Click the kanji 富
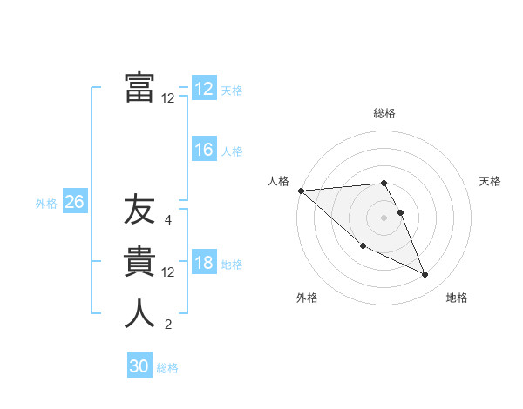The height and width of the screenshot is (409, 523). tap(139, 88)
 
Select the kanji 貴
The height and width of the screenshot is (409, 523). tap(139, 263)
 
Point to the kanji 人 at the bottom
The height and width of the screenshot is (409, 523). tap(139, 314)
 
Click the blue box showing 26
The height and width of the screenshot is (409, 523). tap(74, 202)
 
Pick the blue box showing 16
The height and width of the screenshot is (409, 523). tap(204, 150)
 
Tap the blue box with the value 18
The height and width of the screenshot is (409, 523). tap(204, 264)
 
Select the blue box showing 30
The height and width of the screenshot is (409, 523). tap(139, 366)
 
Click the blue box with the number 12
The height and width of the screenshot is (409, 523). tap(204, 89)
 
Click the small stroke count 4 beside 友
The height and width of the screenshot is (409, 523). tap(168, 220)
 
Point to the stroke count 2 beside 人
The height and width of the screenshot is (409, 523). tap(168, 325)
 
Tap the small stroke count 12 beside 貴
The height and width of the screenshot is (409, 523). tap(168, 272)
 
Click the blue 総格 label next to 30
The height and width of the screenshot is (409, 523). tap(167, 368)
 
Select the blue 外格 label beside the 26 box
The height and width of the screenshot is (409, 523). tap(46, 204)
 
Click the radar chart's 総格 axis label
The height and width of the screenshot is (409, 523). tap(384, 113)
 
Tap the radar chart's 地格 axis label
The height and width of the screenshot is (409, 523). tap(457, 298)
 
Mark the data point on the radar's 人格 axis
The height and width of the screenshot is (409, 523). tap(301, 191)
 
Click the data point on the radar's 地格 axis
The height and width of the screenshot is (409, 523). tap(425, 275)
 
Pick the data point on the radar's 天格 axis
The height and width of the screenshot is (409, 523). tap(401, 212)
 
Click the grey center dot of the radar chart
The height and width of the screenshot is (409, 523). tap(384, 217)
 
